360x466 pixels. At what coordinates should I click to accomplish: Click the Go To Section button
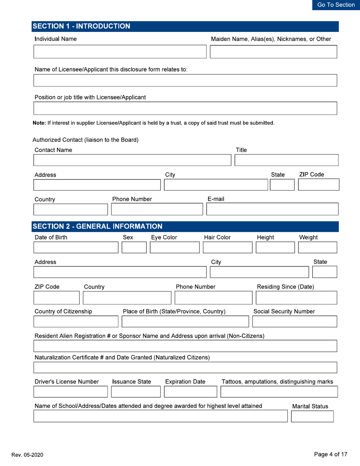point(336,5)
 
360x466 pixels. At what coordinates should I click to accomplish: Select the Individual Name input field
point(119,52)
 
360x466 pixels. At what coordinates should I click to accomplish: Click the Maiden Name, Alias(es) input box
point(273,52)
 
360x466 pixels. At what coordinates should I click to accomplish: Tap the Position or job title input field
point(185,108)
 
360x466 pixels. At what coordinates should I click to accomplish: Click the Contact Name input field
point(132,160)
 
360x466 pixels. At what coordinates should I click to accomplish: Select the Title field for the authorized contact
point(286,160)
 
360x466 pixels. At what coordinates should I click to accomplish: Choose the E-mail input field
point(271,209)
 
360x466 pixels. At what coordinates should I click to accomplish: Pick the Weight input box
point(318,247)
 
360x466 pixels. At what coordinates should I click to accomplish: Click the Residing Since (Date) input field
point(296,298)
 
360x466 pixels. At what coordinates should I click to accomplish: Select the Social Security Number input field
point(294,321)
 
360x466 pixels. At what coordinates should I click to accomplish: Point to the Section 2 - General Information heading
point(98,227)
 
